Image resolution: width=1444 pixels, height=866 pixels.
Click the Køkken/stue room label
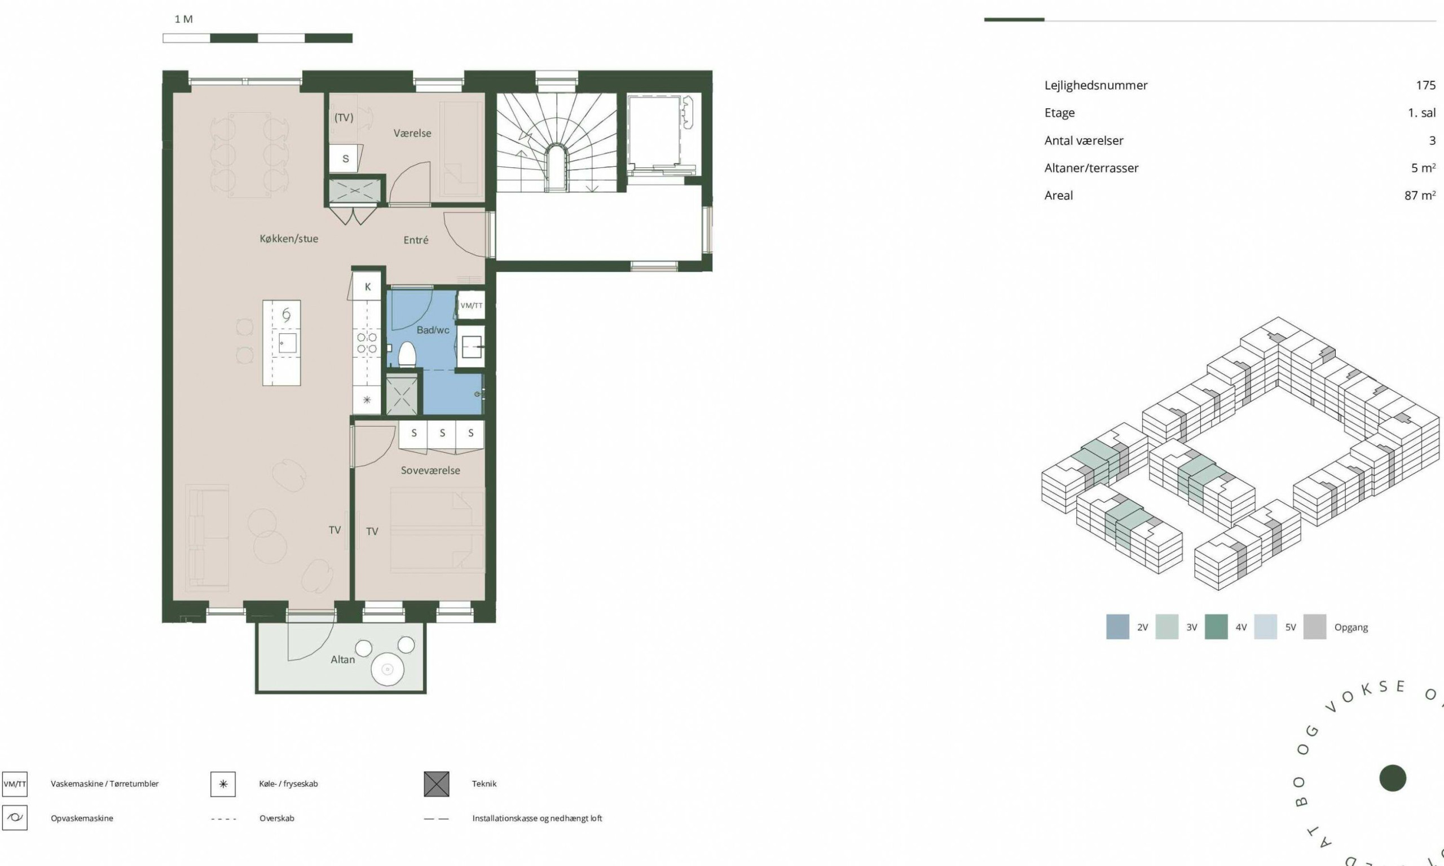click(x=289, y=238)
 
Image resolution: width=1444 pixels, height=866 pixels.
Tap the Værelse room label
click(x=412, y=133)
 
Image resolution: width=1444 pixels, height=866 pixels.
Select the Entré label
click(x=416, y=240)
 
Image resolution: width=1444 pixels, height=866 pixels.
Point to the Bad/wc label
click(x=433, y=330)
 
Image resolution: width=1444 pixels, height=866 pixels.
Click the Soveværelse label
click(x=430, y=470)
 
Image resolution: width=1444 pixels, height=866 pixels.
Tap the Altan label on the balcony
click(x=342, y=660)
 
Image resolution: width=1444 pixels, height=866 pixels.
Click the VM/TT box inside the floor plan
click(x=471, y=306)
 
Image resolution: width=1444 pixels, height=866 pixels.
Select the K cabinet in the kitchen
click(x=368, y=286)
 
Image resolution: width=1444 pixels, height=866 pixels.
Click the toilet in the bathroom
click(x=406, y=355)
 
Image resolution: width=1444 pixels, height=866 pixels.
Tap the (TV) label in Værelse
click(x=344, y=117)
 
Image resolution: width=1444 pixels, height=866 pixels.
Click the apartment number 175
click(x=1426, y=85)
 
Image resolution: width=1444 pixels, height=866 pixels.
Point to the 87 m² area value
click(x=1420, y=196)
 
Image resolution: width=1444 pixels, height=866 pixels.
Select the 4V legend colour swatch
click(x=1216, y=627)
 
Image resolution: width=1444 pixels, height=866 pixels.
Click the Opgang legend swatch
click(x=1315, y=627)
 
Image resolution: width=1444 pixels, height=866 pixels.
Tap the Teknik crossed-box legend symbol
click(x=437, y=784)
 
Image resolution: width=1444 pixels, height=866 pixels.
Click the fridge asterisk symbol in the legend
click(x=223, y=784)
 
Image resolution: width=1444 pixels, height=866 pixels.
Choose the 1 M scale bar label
click(x=183, y=19)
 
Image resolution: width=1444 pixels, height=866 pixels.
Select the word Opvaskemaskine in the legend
click(x=82, y=818)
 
